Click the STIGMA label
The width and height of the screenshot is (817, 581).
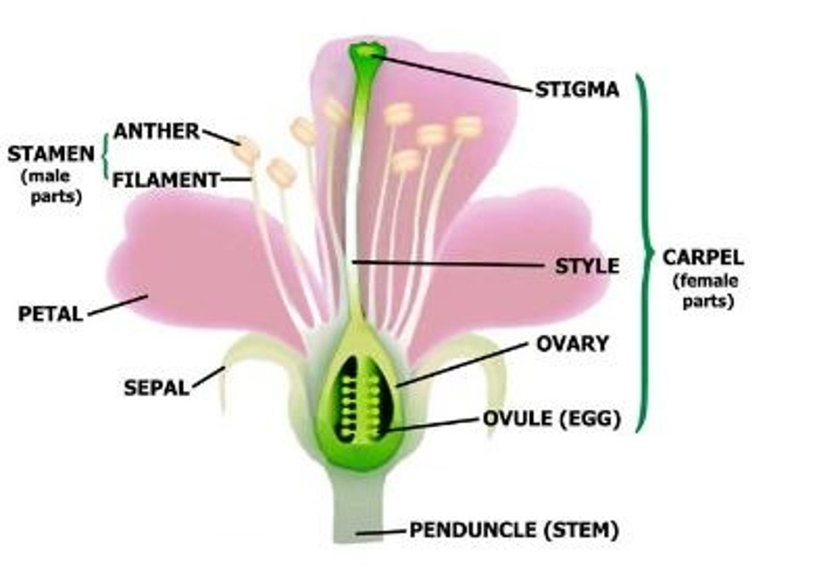tap(576, 90)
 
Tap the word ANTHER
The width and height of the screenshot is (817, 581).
tap(157, 132)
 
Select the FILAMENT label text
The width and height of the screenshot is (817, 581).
tap(166, 180)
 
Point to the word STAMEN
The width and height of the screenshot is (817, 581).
tap(51, 154)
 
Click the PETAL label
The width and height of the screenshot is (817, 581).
tap(50, 314)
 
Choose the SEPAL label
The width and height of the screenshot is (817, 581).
tap(157, 388)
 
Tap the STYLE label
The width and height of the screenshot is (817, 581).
tap(587, 266)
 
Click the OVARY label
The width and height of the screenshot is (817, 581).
tap(572, 343)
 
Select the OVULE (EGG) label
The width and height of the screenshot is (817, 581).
tap(551, 419)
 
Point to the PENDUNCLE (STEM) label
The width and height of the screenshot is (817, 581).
tap(513, 530)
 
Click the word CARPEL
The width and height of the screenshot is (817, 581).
tap(703, 258)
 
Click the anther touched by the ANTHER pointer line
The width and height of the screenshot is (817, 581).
tap(247, 150)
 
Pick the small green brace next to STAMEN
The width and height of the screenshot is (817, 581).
tap(106, 155)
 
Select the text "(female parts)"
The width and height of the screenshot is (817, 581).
tap(705, 290)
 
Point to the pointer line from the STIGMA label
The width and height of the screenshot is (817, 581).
tap(454, 73)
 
